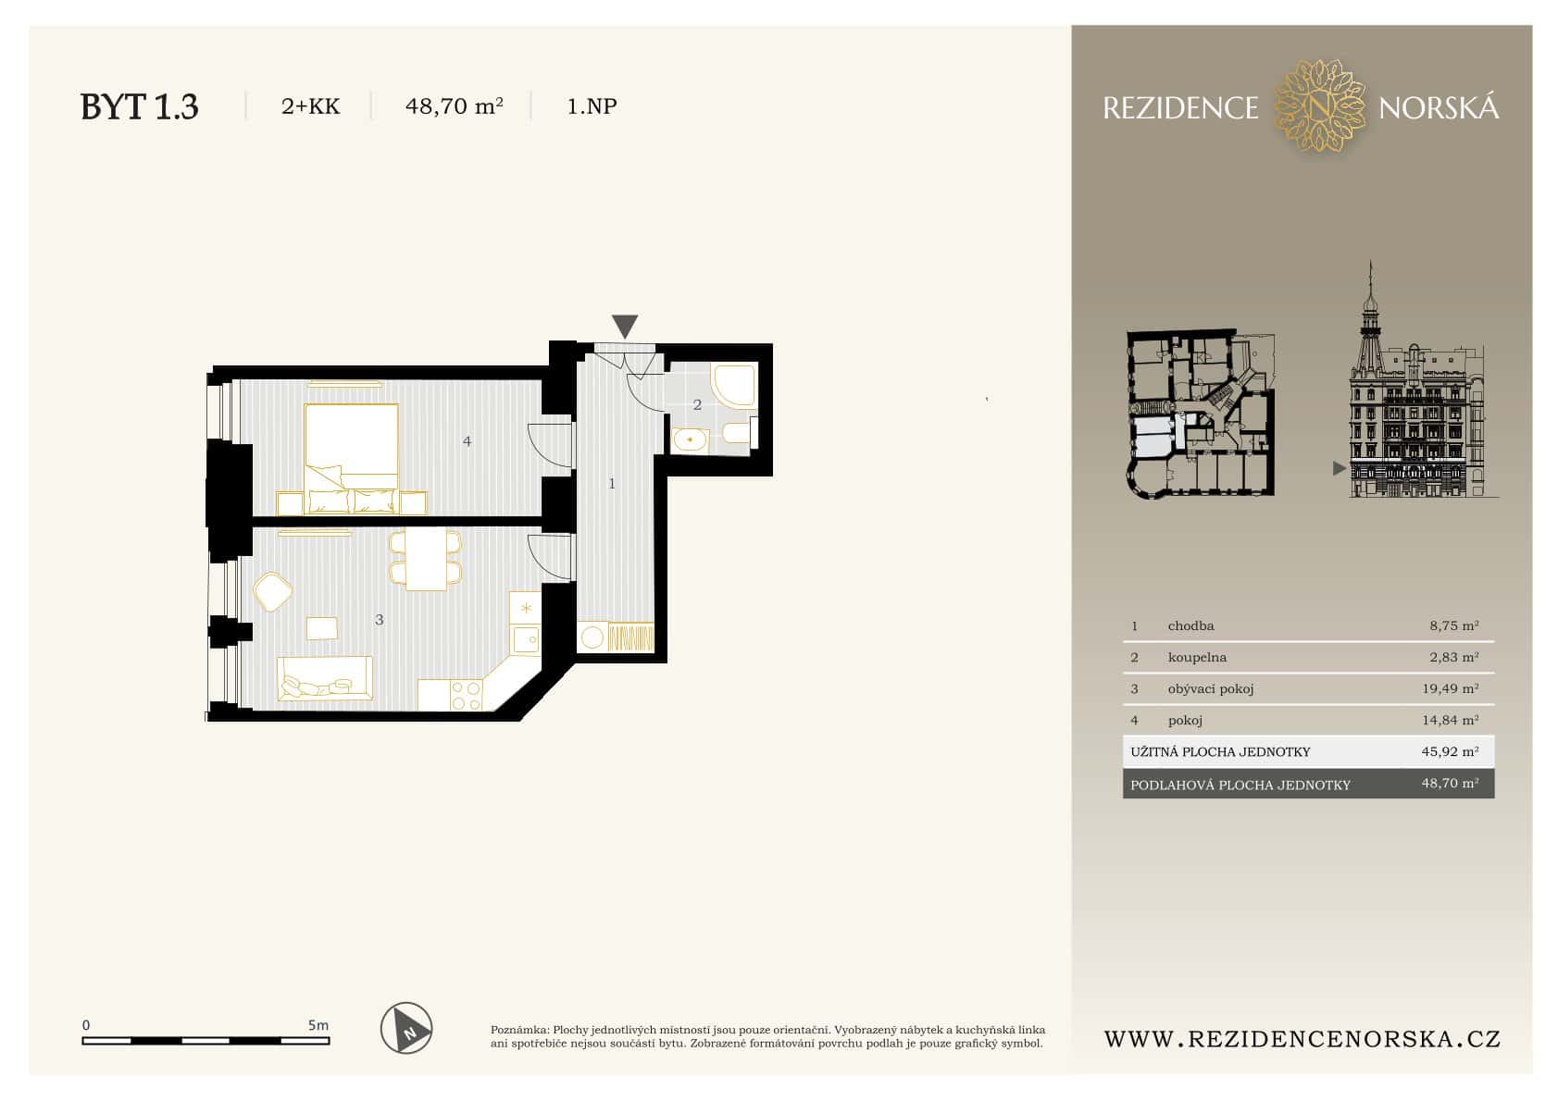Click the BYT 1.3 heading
pyautogui.click(x=139, y=106)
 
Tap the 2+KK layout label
pyautogui.click(x=310, y=106)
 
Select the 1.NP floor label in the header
pyautogui.click(x=592, y=106)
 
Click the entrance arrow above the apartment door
pyautogui.click(x=625, y=326)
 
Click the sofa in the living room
pyautogui.click(x=324, y=678)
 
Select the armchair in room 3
pyautogui.click(x=273, y=592)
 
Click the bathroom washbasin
pyautogui.click(x=689, y=440)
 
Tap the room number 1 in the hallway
pyautogui.click(x=611, y=483)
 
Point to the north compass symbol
pyautogui.click(x=406, y=1028)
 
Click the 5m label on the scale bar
pyautogui.click(x=318, y=1025)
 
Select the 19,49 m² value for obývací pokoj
pyautogui.click(x=1450, y=688)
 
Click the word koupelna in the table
pyautogui.click(x=1196, y=657)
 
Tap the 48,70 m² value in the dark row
pyautogui.click(x=1450, y=784)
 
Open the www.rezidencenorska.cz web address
pyautogui.click(x=1302, y=1039)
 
